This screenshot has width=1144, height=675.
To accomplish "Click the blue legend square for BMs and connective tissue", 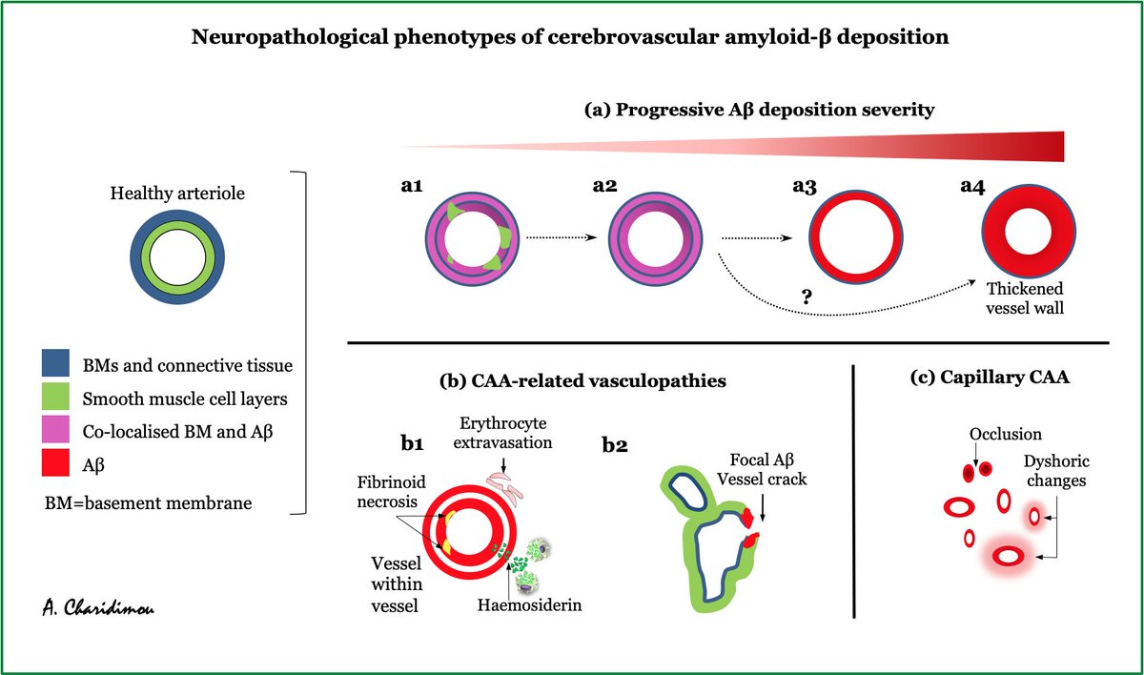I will pos(58,363).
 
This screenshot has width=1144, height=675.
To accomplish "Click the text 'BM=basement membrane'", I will pos(147,501).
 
